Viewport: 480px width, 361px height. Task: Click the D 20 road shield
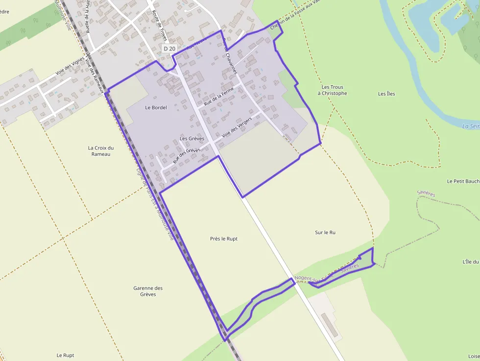(x=169, y=48)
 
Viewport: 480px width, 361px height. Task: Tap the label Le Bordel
(x=156, y=107)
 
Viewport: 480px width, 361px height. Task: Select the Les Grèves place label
(x=192, y=139)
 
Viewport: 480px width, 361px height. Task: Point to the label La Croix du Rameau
(x=100, y=151)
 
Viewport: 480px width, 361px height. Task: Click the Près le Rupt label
(x=223, y=239)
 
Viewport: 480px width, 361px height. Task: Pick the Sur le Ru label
(x=325, y=233)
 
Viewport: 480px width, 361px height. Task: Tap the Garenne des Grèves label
(x=148, y=291)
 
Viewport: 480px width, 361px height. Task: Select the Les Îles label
(x=386, y=94)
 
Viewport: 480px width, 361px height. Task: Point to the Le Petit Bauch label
(x=463, y=181)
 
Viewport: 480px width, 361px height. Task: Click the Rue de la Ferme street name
(x=219, y=96)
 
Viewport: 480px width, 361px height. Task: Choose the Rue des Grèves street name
(x=187, y=155)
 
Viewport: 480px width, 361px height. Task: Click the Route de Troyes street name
(x=160, y=25)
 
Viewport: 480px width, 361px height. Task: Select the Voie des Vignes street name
(x=70, y=72)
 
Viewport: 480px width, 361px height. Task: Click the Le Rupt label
(x=65, y=355)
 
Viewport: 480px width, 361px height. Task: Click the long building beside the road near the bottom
(x=330, y=325)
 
